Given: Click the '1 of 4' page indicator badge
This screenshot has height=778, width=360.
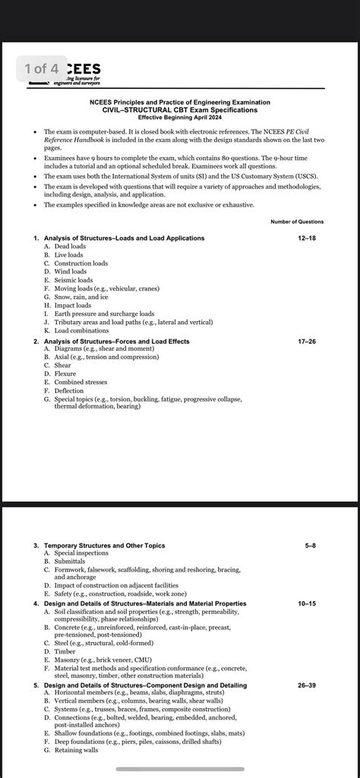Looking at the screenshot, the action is coord(35,69).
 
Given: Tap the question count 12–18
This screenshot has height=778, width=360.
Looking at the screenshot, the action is coord(308,238).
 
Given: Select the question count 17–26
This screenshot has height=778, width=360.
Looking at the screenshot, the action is coord(308,342).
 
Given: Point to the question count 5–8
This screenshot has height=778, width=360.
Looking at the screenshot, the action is coord(310,546).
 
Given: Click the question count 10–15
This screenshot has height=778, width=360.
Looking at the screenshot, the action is coord(307,603).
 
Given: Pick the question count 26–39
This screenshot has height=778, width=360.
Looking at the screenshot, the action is coord(307,685).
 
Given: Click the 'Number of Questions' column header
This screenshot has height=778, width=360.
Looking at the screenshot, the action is coord(297,222).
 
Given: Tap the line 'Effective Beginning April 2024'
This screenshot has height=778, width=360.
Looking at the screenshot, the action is coord(180,117).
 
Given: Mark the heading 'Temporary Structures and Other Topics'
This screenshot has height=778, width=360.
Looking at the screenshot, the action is coord(104,546).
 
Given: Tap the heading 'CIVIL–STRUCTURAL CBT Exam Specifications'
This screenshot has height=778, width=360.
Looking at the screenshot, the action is coord(180,110).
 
